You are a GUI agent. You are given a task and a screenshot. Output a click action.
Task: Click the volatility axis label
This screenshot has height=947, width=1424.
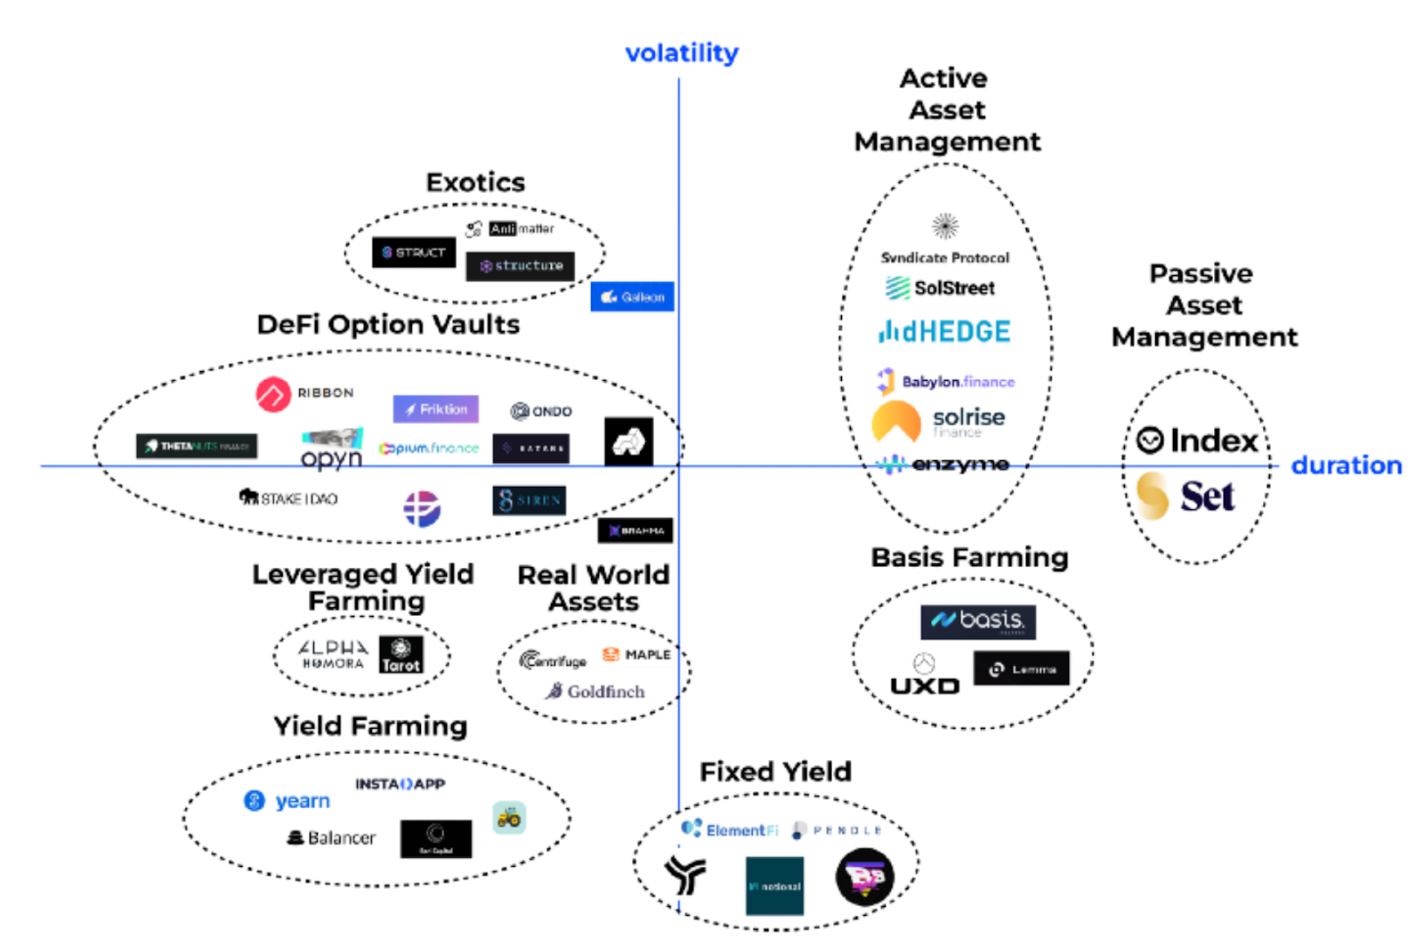click(681, 53)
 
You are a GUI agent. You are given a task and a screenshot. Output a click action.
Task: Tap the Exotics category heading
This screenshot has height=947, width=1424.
click(475, 182)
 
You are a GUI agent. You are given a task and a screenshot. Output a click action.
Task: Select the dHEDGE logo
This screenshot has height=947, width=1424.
click(944, 332)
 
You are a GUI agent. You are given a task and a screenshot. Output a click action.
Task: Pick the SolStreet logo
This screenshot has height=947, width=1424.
click(940, 287)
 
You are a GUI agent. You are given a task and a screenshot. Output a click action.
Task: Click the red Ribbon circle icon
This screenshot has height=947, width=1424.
click(273, 394)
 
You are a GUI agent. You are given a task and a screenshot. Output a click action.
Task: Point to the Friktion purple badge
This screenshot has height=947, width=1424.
click(435, 409)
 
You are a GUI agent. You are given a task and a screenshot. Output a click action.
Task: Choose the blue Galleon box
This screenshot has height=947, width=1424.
click(632, 297)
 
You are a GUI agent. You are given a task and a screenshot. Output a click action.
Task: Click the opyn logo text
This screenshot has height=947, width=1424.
click(331, 457)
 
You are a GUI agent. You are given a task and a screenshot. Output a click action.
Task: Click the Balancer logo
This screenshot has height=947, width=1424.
click(331, 838)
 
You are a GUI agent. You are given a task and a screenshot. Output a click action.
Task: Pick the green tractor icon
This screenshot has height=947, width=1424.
click(509, 817)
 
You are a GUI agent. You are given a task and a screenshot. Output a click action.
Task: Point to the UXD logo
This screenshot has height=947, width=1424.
click(925, 685)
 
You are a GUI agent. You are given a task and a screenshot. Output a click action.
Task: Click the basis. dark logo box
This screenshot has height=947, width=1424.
click(977, 621)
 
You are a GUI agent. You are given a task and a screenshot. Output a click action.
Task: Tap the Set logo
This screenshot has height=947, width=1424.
click(1185, 496)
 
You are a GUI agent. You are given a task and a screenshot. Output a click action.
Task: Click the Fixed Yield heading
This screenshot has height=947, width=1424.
click(775, 772)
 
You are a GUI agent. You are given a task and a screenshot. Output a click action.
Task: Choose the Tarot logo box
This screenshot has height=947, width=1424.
click(400, 655)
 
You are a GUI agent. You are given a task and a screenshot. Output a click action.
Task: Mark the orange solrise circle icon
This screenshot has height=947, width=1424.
click(895, 421)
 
